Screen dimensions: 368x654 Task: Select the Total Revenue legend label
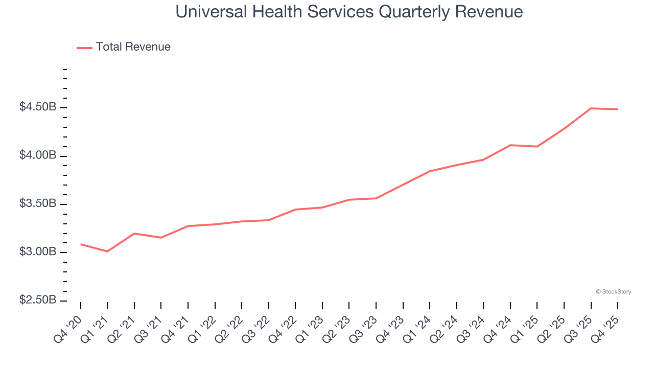133,47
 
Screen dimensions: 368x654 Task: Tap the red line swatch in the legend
84,48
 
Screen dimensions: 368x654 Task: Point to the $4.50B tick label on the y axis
37,107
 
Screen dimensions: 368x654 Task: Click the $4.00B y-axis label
37,155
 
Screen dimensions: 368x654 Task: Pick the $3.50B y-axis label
37,204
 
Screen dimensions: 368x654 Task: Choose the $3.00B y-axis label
37,252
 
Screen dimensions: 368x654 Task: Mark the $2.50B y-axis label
37,300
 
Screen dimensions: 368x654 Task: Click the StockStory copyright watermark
613,292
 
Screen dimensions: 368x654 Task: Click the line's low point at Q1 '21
107,251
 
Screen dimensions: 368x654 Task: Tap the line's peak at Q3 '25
591,108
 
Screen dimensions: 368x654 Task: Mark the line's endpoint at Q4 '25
618,109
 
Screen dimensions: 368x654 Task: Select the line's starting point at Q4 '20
81,244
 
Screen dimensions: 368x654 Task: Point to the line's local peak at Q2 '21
134,234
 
